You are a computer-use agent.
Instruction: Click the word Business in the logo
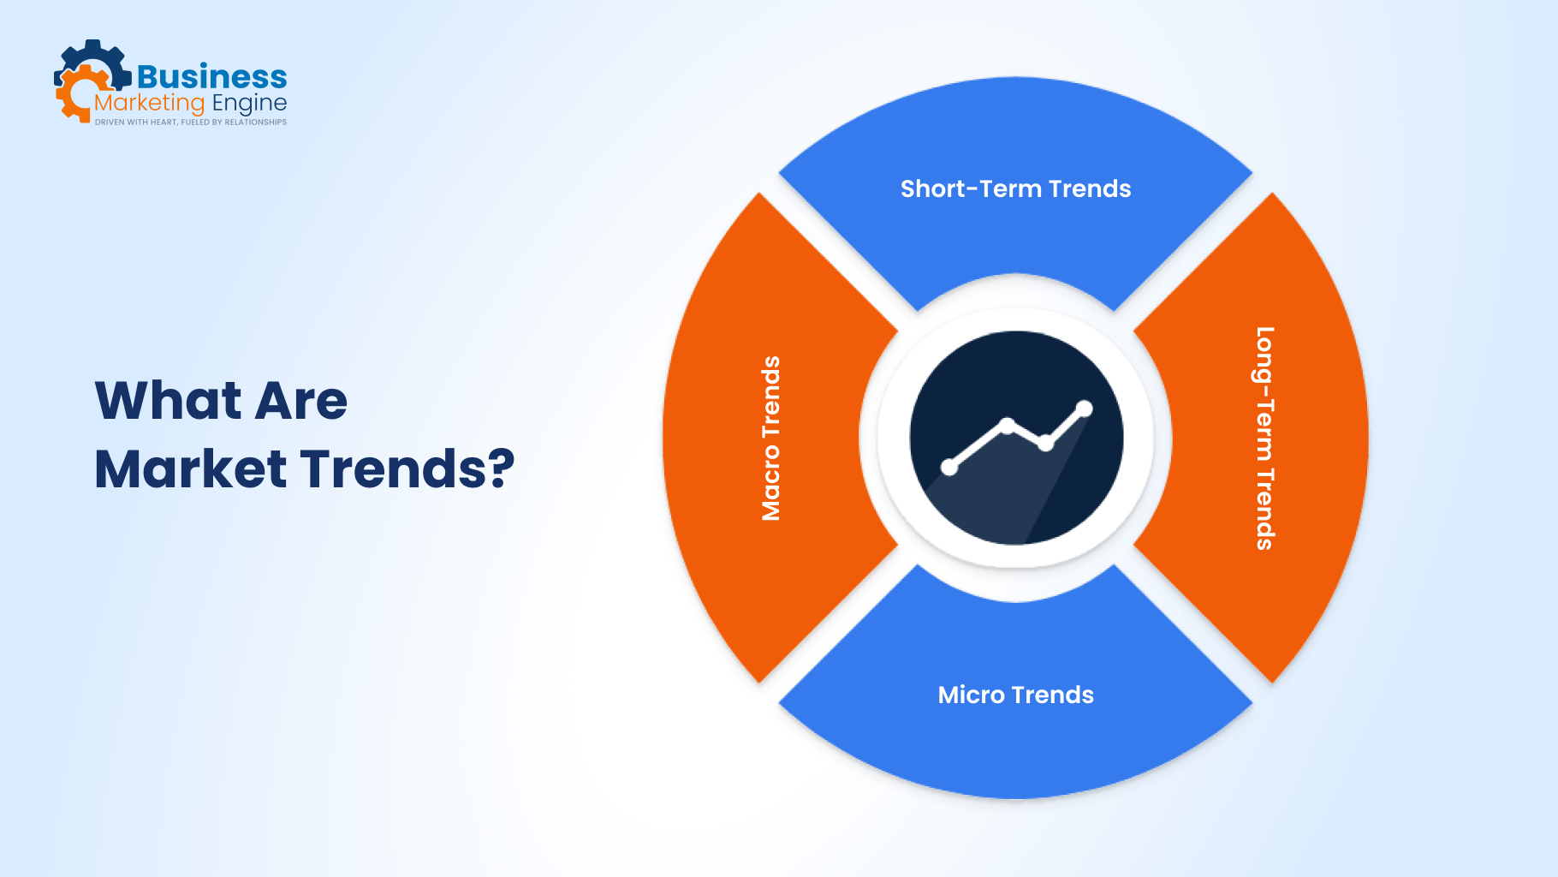211,77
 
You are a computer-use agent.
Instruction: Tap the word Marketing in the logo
149,104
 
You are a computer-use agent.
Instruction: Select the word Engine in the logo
249,104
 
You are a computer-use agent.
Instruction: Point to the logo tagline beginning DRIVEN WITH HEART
190,122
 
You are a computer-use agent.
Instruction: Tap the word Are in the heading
301,400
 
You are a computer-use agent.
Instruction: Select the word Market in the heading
190,469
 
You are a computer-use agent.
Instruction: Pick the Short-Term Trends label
1015,188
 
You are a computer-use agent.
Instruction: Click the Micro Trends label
1015,695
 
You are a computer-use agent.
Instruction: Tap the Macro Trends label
771,438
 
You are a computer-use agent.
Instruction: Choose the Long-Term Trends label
1264,438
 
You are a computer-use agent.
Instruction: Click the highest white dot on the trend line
1085,409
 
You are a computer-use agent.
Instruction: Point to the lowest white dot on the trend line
948,467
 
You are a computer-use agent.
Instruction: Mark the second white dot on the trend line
1007,424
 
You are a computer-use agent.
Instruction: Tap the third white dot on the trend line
1045,444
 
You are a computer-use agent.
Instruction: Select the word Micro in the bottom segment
971,695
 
